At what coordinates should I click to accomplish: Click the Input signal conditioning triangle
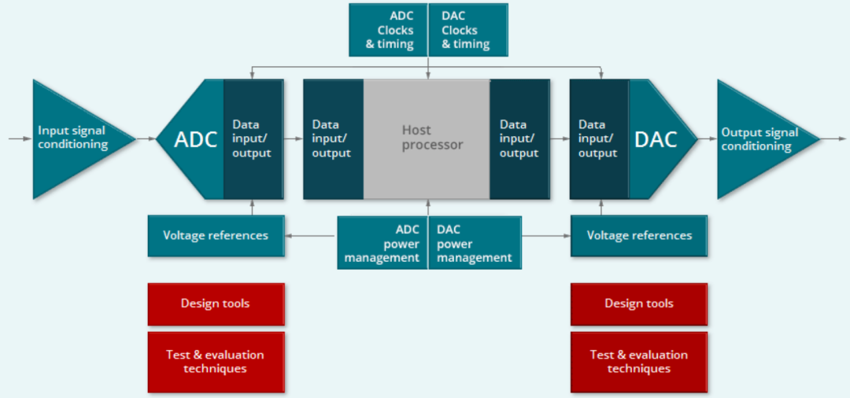coord(71,138)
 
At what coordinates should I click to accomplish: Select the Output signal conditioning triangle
coord(756,139)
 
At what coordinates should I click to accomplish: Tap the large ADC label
coord(195,139)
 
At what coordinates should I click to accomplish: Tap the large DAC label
coord(656,139)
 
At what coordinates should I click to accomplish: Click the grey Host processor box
coord(427,138)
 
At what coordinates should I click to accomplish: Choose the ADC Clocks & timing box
coord(389,30)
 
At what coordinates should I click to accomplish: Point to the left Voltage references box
coord(216,235)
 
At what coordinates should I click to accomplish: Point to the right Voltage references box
coord(639,235)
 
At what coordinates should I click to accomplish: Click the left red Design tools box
coord(216,304)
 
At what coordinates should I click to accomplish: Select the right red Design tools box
coord(639,304)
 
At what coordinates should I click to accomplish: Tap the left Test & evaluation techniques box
coord(216,362)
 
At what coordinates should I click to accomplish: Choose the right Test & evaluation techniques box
coord(639,362)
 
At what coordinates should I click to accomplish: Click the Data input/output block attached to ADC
coord(253,138)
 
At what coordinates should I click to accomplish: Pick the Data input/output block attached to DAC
coord(598,138)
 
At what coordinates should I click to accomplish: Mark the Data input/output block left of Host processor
coord(333,138)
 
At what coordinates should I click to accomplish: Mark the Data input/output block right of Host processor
coord(519,138)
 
